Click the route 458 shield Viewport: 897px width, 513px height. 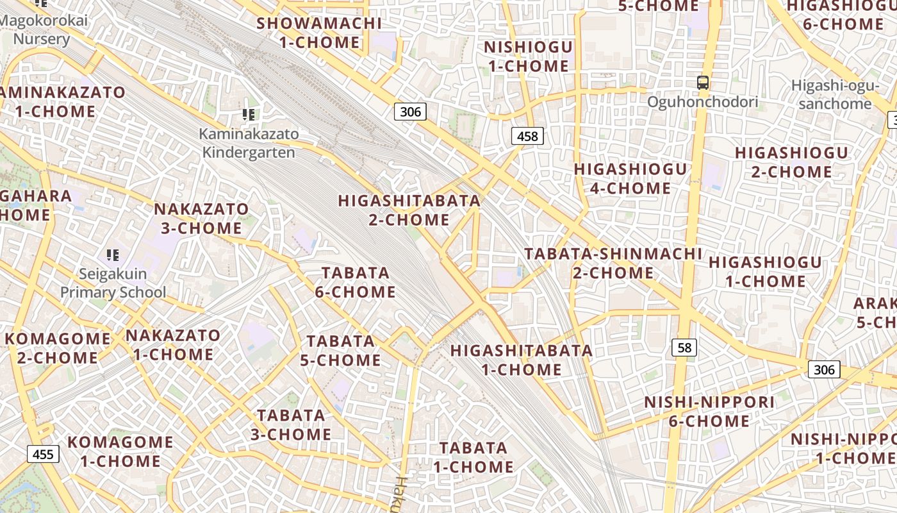click(x=527, y=136)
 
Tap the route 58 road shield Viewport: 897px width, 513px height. click(x=684, y=348)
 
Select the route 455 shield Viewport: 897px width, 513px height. click(x=43, y=455)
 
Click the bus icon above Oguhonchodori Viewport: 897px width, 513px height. click(x=703, y=83)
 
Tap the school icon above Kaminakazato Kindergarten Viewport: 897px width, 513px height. click(x=249, y=115)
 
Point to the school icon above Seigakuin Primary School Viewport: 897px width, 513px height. click(x=113, y=255)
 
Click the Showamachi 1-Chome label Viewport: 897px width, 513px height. click(x=319, y=33)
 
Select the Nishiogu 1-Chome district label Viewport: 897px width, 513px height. click(x=528, y=56)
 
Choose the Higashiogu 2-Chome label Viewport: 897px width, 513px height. click(x=791, y=162)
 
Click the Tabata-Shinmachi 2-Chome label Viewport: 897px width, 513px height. click(x=613, y=263)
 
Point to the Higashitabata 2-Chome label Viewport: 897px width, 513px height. click(x=409, y=210)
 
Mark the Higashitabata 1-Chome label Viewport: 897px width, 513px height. click(x=522, y=360)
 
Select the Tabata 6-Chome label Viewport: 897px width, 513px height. click(x=356, y=282)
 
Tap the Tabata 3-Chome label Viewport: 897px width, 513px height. click(x=291, y=425)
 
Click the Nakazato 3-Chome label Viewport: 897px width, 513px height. click(x=201, y=218)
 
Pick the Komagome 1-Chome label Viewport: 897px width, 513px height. click(x=120, y=451)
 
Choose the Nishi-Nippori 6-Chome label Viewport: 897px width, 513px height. click(x=709, y=412)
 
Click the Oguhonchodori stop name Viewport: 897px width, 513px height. click(x=702, y=102)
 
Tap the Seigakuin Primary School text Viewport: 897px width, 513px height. click(x=113, y=283)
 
